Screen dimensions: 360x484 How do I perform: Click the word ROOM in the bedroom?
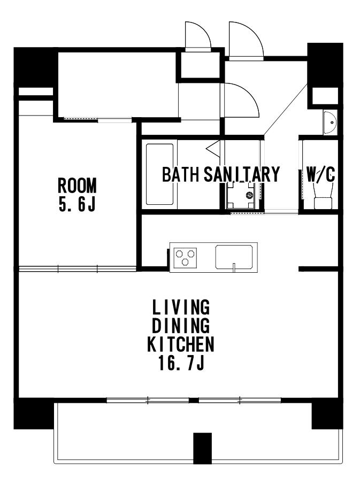[77, 186]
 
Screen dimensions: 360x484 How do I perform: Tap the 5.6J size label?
[77, 204]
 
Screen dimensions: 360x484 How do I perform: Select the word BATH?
[181, 174]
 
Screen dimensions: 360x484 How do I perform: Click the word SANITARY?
[242, 174]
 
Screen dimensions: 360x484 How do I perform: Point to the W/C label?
[321, 174]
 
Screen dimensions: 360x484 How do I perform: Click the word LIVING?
[181, 307]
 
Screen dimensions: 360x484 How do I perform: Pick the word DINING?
[181, 325]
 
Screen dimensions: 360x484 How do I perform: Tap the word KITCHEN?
[181, 344]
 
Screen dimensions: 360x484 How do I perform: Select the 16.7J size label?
[181, 363]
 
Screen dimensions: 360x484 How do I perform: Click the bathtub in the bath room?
[159, 174]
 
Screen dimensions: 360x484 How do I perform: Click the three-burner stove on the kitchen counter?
[185, 257]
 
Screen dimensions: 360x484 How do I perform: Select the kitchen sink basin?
[234, 257]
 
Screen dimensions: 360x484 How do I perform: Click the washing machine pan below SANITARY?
[241, 196]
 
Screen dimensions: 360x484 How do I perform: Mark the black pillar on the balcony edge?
[203, 448]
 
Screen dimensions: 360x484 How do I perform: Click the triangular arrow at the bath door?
[212, 148]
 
